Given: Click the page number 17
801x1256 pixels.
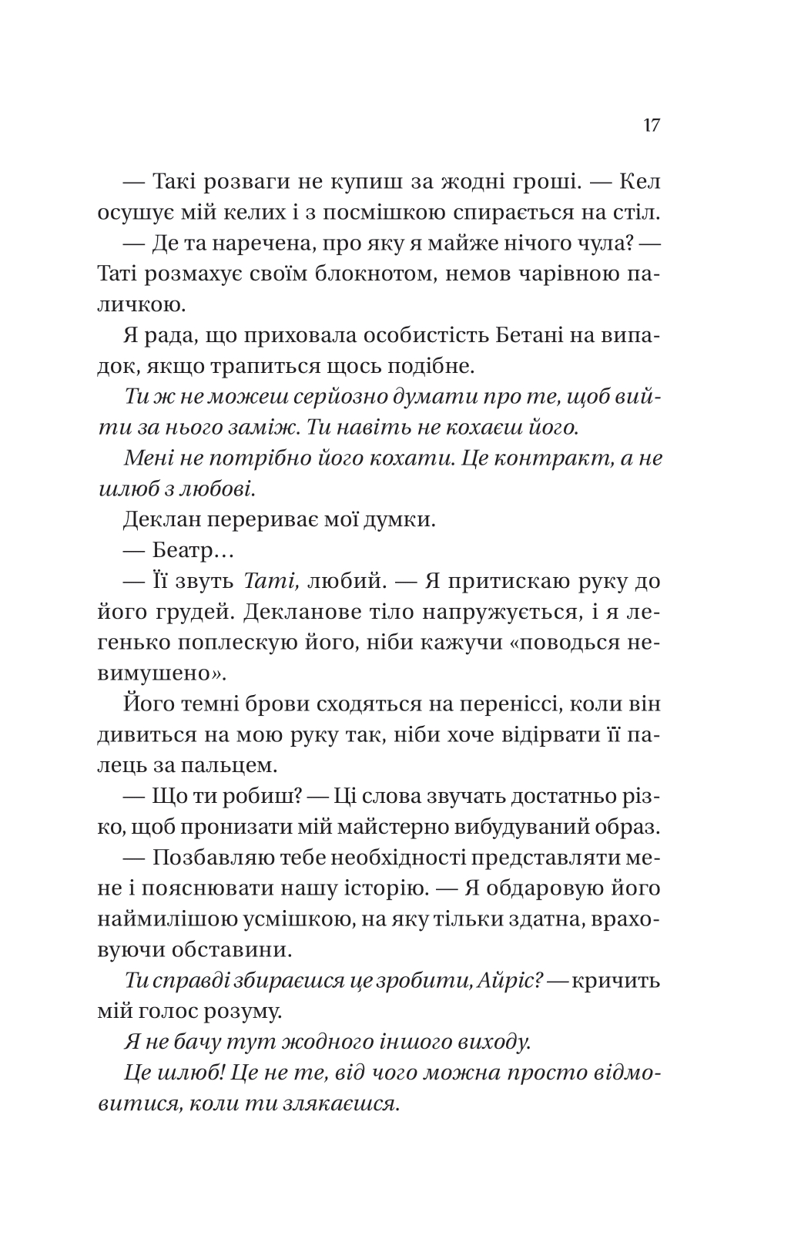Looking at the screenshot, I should click(x=651, y=126).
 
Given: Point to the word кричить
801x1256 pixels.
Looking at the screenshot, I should click(x=620, y=981).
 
